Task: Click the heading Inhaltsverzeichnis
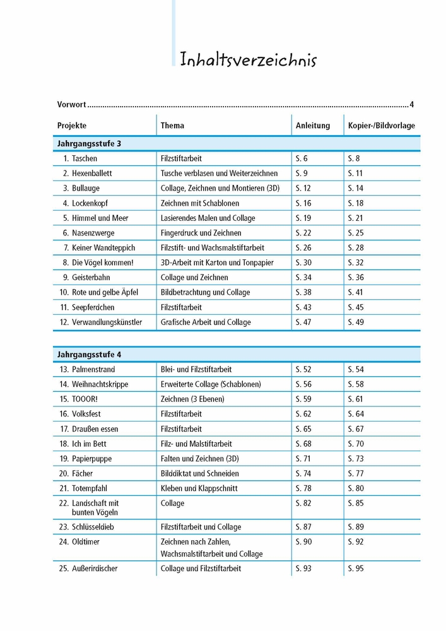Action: pos(248,60)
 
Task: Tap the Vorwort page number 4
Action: pos(411,105)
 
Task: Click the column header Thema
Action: pos(172,126)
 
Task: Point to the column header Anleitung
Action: pos(313,126)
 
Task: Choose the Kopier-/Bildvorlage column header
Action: pos(382,126)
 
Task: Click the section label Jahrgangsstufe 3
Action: pos(89,144)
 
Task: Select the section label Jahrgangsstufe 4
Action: pos(89,354)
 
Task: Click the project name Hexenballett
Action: pos(92,173)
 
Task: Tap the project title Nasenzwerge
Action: pos(93,233)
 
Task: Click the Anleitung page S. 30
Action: pos(303,262)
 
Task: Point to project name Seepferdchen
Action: pos(93,307)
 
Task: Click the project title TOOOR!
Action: pos(86,399)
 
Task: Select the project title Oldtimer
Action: pos(86,542)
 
